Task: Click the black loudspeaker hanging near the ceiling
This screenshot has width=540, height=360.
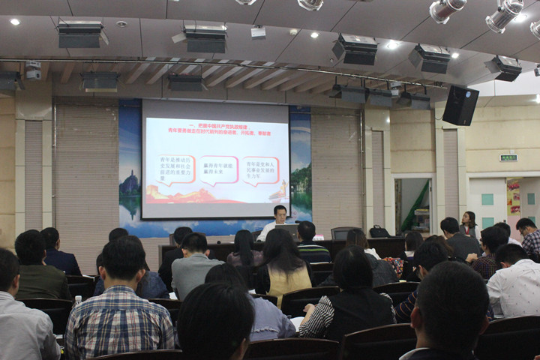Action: click(x=460, y=105)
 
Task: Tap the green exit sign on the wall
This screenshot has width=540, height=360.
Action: click(x=508, y=157)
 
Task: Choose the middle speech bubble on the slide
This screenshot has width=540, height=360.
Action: click(x=218, y=169)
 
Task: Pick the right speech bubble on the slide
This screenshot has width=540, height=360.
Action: click(x=260, y=170)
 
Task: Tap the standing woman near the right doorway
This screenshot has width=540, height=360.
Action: click(x=469, y=224)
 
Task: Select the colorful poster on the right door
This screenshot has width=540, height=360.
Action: click(x=514, y=197)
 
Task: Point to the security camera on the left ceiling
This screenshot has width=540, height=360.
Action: click(x=33, y=71)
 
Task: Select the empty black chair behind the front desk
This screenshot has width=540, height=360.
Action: click(x=343, y=233)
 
